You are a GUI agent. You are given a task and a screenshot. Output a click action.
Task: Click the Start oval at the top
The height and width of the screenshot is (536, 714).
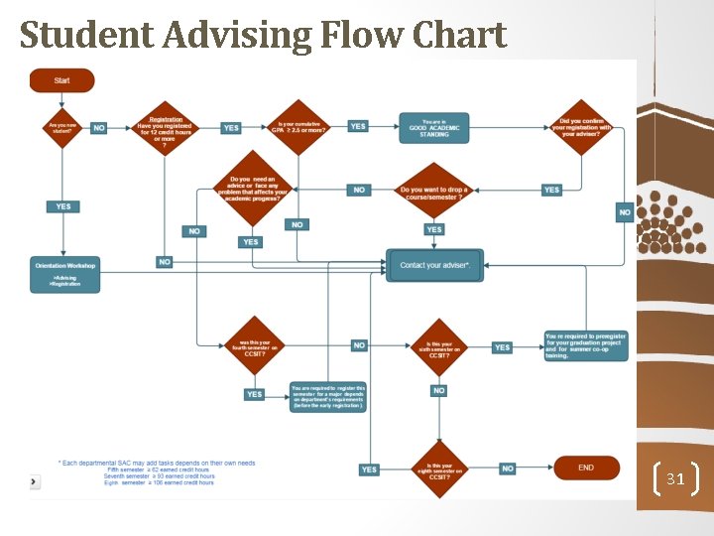[61, 80]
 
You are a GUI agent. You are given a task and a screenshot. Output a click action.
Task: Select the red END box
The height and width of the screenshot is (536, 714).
[586, 468]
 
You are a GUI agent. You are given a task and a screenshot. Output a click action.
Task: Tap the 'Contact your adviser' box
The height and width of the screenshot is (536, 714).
[434, 266]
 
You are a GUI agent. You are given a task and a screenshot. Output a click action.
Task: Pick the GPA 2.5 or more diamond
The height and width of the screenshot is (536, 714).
[298, 127]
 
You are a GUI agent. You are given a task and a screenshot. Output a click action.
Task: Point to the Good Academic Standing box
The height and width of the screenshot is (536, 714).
[433, 127]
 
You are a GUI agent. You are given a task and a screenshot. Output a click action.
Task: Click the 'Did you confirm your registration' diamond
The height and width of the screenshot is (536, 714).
[582, 127]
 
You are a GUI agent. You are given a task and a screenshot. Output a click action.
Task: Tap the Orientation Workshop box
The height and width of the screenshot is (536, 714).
[65, 274]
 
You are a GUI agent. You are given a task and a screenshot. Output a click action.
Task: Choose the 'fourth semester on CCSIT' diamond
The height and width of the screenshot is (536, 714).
[255, 345]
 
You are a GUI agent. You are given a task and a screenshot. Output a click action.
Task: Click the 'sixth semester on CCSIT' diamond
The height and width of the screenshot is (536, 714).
[439, 346]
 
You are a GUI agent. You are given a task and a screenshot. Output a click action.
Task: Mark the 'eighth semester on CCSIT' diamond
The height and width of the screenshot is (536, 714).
[439, 469]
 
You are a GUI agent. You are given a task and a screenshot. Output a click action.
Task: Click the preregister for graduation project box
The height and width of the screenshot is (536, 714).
[585, 345]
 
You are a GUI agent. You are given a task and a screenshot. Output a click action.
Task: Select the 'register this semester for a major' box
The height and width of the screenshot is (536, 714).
[328, 396]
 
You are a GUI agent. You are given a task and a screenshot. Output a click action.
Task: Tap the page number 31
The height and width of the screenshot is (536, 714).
[675, 479]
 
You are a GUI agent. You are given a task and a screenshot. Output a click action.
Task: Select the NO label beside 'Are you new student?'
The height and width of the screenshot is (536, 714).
[99, 128]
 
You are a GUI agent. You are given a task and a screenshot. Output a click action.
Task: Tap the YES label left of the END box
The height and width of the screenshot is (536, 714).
[369, 469]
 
